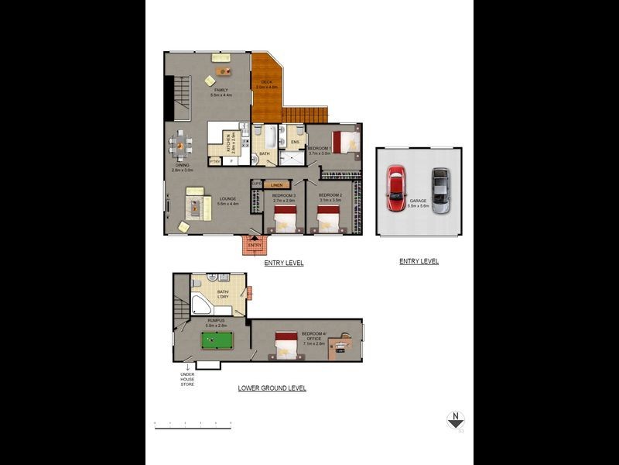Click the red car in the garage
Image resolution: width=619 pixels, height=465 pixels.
click(395, 188)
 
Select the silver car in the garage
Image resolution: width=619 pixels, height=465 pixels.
click(439, 190)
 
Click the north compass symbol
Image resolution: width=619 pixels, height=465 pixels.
click(456, 420)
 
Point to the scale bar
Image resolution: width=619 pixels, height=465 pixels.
click(193, 423)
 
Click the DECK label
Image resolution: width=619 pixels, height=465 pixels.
click(266, 81)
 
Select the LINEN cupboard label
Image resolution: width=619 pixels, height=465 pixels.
click(276, 184)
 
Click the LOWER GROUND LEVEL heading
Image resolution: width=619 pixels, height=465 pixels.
click(272, 387)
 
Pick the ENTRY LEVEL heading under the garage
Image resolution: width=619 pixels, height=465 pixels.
click(419, 261)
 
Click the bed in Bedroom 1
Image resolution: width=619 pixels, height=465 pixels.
click(346, 142)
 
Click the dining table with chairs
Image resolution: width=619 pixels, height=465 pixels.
click(180, 144)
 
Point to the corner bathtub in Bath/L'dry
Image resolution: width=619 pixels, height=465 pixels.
click(202, 305)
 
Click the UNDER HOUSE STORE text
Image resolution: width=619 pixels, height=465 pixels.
click(186, 380)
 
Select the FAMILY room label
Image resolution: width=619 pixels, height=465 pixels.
click(221, 90)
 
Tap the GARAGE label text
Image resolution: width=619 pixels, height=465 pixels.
click(418, 200)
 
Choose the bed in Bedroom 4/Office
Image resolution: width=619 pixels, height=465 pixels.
click(287, 345)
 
